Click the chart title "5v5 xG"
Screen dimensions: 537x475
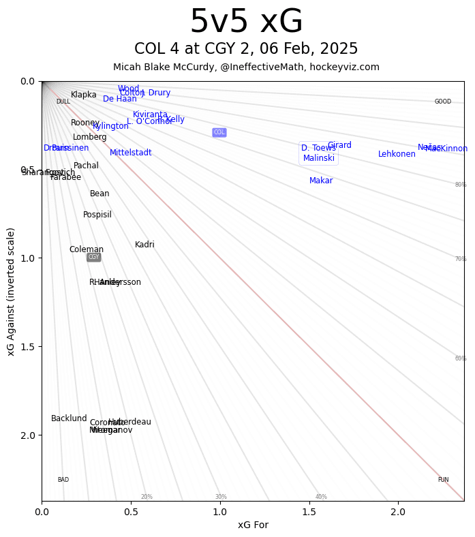246,22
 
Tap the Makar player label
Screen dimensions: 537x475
321,181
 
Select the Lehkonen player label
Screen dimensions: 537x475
397,154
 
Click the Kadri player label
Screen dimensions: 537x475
144,245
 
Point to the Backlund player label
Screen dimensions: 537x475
69,418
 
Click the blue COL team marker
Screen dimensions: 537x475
219,132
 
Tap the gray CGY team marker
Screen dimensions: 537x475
93,257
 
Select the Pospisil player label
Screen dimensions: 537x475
97,215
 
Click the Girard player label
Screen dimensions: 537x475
339,145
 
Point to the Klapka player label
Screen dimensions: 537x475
84,95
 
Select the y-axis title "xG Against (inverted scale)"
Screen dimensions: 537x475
11,292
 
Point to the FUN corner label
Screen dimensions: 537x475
443,480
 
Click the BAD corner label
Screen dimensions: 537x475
63,480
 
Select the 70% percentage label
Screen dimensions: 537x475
461,259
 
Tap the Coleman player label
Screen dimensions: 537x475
87,249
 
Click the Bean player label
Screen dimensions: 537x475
99,194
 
